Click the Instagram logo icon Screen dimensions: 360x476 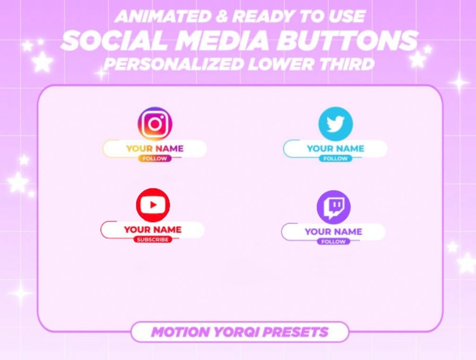(155, 124)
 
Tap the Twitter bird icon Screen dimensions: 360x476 (335, 124)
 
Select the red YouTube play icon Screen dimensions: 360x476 (153, 205)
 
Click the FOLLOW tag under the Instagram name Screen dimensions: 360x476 (155, 158)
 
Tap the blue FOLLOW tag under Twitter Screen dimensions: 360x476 (335, 158)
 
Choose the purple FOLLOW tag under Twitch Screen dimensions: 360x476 (334, 242)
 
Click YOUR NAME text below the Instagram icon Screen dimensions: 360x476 (155, 149)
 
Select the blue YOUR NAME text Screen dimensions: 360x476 (335, 149)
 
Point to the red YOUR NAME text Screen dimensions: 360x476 (152, 229)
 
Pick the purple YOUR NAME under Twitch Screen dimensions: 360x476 (333, 232)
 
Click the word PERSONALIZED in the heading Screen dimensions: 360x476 (174, 64)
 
